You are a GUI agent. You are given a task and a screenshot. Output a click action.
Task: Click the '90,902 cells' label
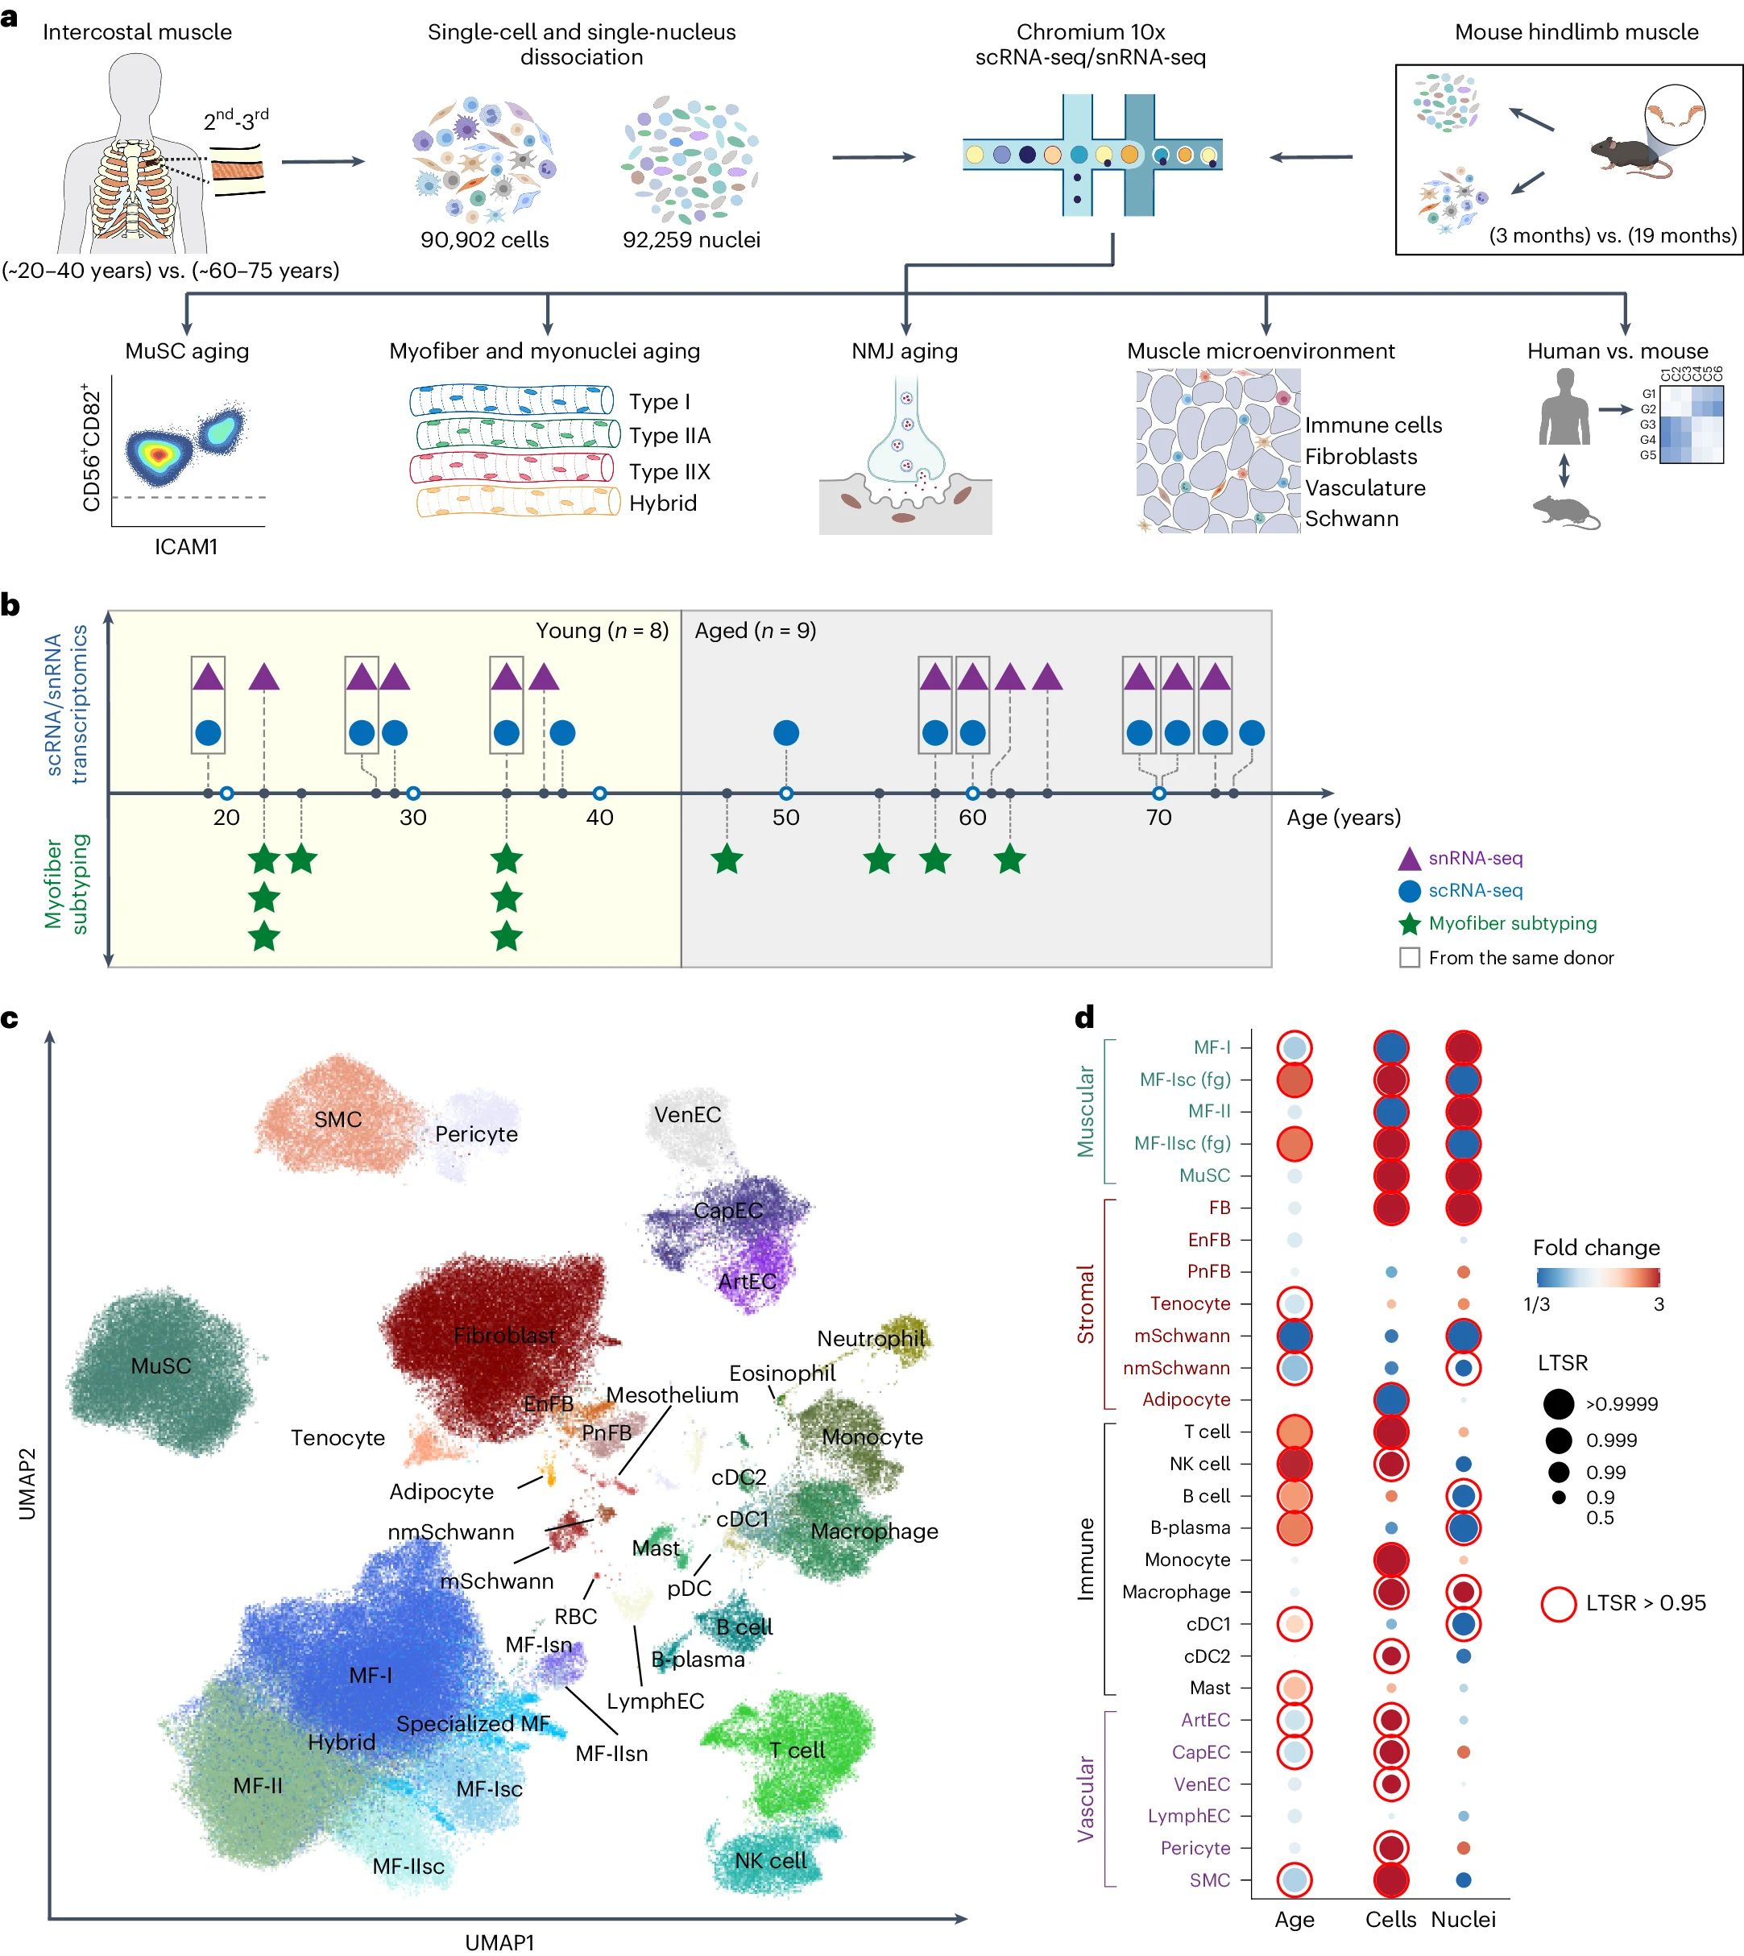coord(484,239)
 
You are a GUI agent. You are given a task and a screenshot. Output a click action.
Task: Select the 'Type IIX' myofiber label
coord(669,471)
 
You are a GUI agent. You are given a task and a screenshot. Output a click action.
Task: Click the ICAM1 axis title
coord(186,546)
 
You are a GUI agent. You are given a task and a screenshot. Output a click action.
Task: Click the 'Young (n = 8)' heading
coord(602,631)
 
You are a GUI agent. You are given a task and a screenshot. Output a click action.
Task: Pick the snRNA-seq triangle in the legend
coord(1410,859)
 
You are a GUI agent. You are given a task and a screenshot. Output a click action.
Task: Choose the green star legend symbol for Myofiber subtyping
coord(1410,924)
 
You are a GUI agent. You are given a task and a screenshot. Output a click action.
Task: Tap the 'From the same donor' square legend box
coord(1410,957)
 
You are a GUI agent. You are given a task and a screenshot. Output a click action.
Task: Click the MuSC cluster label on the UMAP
coord(161,1365)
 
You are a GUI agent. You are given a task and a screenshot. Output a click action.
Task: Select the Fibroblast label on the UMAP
coord(504,1335)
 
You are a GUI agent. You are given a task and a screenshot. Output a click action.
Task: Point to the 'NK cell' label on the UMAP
coord(770,1860)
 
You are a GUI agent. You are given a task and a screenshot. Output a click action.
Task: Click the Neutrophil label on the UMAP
coord(871,1338)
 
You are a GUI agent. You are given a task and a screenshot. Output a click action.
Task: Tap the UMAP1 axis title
coord(499,1941)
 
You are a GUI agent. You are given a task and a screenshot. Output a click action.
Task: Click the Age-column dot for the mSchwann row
coord(1294,1336)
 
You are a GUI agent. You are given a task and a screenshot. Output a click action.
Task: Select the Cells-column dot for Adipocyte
coord(1390,1400)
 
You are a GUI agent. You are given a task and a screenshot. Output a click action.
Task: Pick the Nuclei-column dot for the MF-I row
coord(1463,1047)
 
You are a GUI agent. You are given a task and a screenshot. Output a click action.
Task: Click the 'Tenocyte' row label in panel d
coord(1190,1303)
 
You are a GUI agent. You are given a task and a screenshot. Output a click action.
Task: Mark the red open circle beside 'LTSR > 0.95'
coord(1559,1603)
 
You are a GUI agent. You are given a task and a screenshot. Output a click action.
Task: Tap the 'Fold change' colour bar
coord(1597,1277)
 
